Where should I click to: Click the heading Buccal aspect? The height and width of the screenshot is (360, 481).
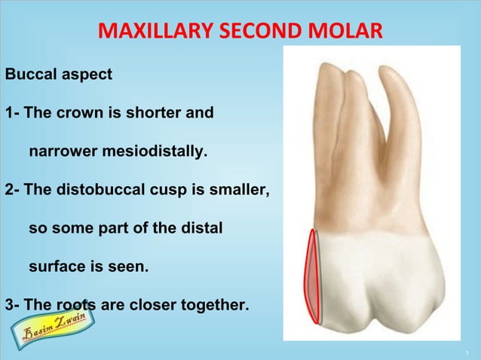point(59,75)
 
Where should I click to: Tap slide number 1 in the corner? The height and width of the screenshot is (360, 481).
point(468,352)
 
